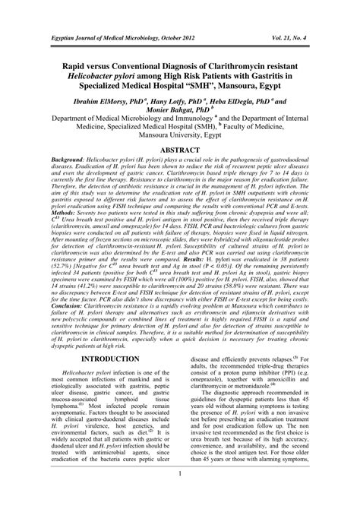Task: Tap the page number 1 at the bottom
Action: (180, 498)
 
